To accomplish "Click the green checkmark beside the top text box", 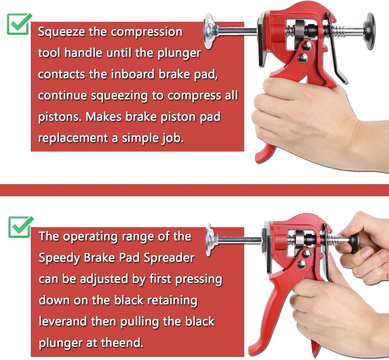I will point(19,24).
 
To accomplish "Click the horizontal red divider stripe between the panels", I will point(194,190).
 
